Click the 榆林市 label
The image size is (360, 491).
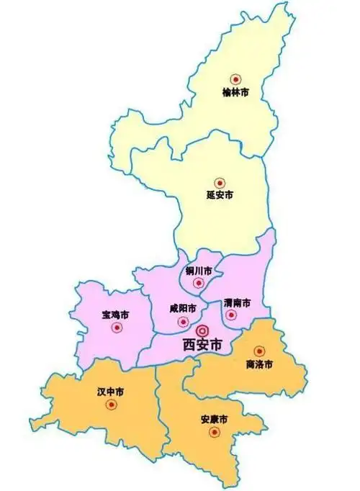click(x=235, y=93)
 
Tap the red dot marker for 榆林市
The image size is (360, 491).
click(x=235, y=79)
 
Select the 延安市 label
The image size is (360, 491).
click(x=220, y=195)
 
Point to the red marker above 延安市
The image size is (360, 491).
click(x=220, y=182)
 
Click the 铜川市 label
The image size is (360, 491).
click(x=199, y=271)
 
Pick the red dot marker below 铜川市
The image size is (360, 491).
click(x=199, y=283)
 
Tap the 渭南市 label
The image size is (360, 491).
click(x=237, y=302)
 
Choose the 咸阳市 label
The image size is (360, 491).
click(x=184, y=308)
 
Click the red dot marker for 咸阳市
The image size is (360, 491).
click(x=183, y=321)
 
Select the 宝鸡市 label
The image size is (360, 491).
click(x=116, y=315)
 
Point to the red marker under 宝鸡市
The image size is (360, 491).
click(x=117, y=328)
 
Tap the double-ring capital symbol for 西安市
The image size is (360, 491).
click(x=202, y=330)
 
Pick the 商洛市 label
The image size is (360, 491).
click(x=259, y=364)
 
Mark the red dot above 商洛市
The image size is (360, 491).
click(x=259, y=351)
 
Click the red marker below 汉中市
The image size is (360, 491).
click(x=111, y=405)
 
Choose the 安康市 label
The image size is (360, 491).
click(x=215, y=419)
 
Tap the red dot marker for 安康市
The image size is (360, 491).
click(x=214, y=432)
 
